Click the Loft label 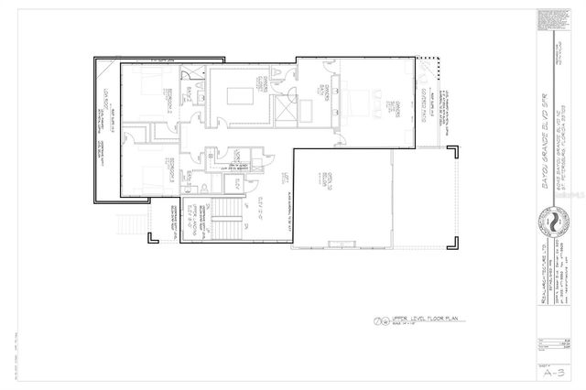tap(286, 180)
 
